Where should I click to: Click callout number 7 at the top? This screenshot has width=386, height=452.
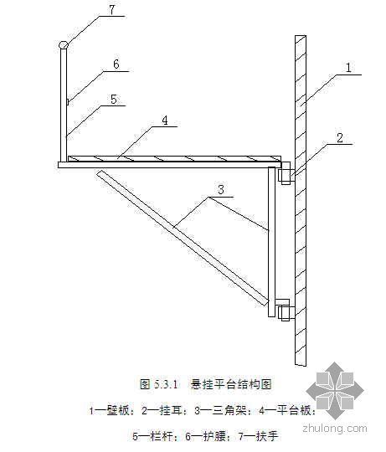112,9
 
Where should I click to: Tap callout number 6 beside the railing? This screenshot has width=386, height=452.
116,64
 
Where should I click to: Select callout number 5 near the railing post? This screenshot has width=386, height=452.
114,99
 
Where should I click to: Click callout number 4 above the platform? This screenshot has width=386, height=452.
165,121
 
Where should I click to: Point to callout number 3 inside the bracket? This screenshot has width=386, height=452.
221,190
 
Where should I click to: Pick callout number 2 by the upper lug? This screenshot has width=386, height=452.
340,138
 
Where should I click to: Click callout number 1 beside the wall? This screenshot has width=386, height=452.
348,68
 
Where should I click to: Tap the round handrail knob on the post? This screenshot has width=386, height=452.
64,45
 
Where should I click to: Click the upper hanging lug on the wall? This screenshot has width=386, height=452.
286,173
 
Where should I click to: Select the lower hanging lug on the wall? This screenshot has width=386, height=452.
286,310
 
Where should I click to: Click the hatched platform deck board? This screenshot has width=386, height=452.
174,158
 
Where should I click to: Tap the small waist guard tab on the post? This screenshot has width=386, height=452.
68,102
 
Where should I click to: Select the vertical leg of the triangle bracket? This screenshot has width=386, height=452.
272,242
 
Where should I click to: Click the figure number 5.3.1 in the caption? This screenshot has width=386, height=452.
167,384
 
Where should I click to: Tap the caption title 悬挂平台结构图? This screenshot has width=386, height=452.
231,384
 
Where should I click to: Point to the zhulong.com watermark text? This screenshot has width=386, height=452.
335,429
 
